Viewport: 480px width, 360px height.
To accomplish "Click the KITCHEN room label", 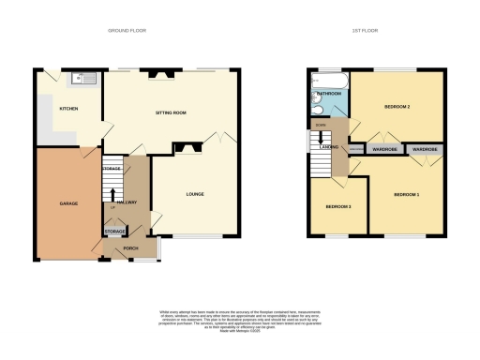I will click(x=68, y=109).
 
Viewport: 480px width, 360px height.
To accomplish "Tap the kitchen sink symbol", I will click(x=83, y=80).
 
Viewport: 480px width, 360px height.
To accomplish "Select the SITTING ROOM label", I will click(x=172, y=112).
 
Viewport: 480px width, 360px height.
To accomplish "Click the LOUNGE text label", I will click(x=195, y=194).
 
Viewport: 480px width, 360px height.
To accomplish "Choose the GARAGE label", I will click(x=68, y=203).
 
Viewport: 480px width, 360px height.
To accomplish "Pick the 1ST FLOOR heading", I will click(x=364, y=29).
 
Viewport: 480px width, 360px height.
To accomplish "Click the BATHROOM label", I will click(x=328, y=94).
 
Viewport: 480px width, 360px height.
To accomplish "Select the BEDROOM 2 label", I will click(x=397, y=108).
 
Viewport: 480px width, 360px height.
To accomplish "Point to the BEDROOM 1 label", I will click(x=406, y=194).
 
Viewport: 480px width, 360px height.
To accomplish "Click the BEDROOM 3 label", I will click(x=338, y=206).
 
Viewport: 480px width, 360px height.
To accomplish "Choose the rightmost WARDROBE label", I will click(x=426, y=149).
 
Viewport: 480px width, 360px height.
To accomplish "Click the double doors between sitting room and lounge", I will click(x=221, y=138).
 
